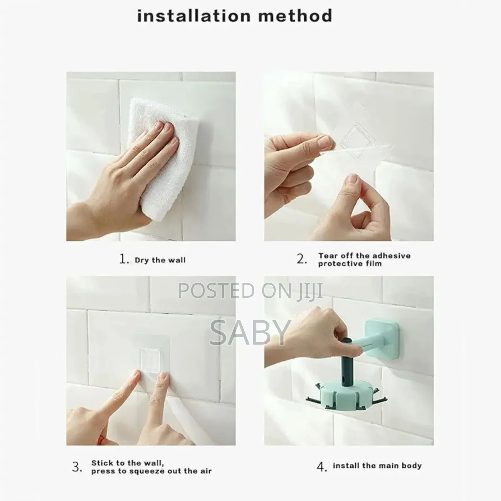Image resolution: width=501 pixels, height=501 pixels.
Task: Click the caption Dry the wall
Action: click(160, 260)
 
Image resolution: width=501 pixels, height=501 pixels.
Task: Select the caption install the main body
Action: click(377, 466)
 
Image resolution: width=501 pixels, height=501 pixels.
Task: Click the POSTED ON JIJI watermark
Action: click(250, 290)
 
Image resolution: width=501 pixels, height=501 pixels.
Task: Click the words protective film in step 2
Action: click(350, 264)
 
